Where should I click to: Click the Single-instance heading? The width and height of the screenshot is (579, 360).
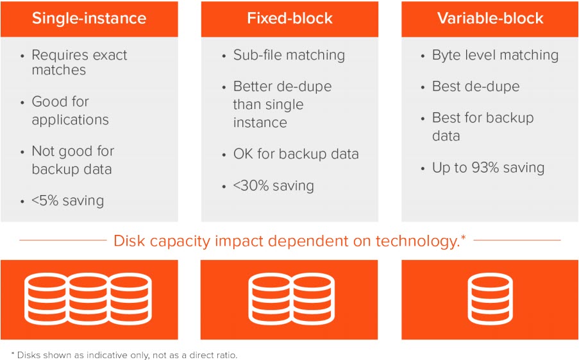pyautogui.click(x=89, y=19)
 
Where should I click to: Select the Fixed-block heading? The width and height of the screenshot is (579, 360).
pyautogui.click(x=290, y=19)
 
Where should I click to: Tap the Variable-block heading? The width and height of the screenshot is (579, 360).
pyautogui.click(x=490, y=19)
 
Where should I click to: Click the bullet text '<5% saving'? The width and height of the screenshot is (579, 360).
pyautogui.click(x=67, y=201)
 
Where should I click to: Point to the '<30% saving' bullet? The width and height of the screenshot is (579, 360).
pyautogui.click(x=273, y=185)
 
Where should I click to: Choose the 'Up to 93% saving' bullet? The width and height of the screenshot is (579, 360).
pyautogui.click(x=488, y=167)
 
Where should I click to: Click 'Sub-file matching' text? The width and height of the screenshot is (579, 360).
pyautogui.click(x=289, y=55)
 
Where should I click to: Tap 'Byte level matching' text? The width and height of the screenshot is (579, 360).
pyautogui.click(x=495, y=55)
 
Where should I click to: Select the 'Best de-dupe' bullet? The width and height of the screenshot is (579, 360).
pyautogui.click(x=476, y=87)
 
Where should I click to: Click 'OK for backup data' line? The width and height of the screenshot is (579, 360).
pyautogui.click(x=296, y=154)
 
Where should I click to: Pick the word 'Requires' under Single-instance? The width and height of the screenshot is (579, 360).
pyautogui.click(x=55, y=55)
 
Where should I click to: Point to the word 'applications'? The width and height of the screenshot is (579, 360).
pyautogui.click(x=70, y=120)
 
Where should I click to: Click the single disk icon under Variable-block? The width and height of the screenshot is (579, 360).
pyautogui.click(x=491, y=300)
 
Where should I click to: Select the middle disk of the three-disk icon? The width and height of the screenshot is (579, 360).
pyautogui.click(x=88, y=300)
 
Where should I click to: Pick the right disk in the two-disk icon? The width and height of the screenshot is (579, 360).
pyautogui.click(x=314, y=300)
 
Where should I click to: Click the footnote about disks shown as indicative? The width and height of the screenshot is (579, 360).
pyautogui.click(x=124, y=355)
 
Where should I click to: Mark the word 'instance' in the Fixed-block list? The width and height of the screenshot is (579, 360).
pyautogui.click(x=260, y=123)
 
